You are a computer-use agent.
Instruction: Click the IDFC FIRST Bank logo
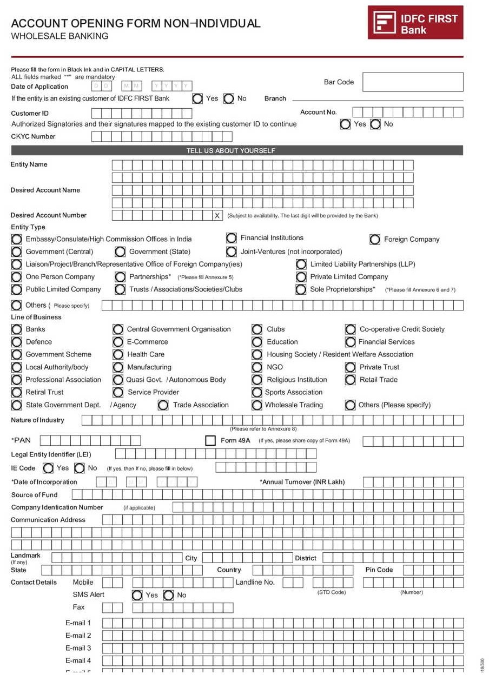tap(415, 23)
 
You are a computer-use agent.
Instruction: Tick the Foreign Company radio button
tap(375, 239)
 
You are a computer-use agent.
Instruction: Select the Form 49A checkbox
tap(210, 441)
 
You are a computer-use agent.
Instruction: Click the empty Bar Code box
tap(413, 82)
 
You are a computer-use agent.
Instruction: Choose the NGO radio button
tap(257, 367)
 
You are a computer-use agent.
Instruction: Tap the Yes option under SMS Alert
tap(137, 596)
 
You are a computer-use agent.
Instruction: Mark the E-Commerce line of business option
tap(118, 342)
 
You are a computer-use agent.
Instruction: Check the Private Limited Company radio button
tap(301, 277)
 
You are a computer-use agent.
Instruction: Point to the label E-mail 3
tap(78, 648)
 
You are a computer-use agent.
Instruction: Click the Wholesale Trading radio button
tap(257, 405)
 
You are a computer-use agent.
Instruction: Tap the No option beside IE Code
tap(80, 468)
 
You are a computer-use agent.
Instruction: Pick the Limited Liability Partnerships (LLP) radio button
tap(301, 265)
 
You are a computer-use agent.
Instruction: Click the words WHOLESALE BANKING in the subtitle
tap(60, 36)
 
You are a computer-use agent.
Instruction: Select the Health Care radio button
tap(118, 355)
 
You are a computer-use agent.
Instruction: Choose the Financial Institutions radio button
tap(232, 238)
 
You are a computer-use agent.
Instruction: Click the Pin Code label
tap(379, 570)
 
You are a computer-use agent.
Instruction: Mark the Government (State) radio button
tap(120, 252)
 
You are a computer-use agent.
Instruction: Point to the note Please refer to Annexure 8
tap(263, 429)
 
